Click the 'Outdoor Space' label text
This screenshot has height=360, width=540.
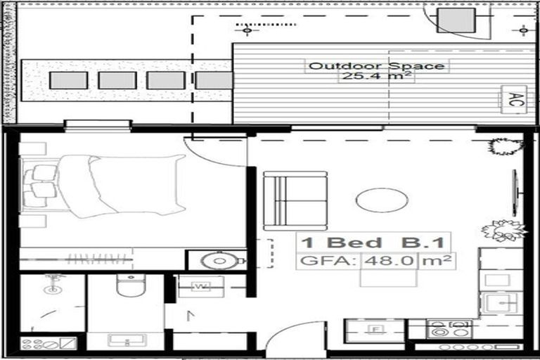(377, 66)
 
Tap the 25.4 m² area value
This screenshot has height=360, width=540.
(375, 77)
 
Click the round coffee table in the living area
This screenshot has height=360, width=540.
(382, 201)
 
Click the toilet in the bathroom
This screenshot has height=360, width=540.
(131, 289)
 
